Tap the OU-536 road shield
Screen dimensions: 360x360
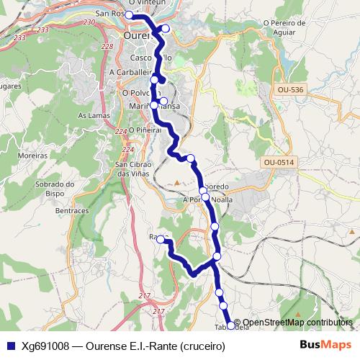[289, 89]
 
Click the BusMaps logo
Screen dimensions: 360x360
[325, 346]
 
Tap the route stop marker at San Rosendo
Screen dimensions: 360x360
[129, 15]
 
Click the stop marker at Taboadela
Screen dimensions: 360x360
[230, 326]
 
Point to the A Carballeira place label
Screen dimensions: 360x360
[132, 73]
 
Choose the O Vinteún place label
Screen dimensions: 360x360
[142, 4]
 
